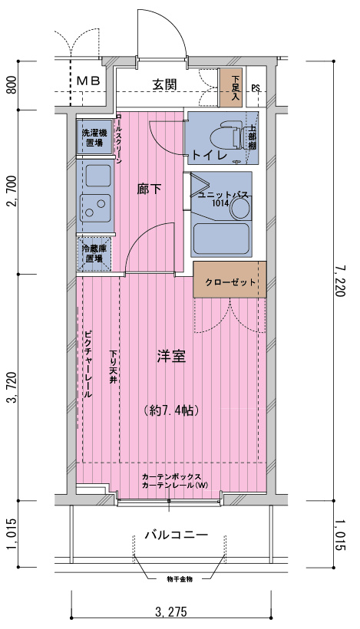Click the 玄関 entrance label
tap(165, 84)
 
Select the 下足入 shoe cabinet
tap(231, 87)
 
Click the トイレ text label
tap(208, 155)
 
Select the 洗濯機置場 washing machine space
tap(94, 138)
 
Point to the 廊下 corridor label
tap(149, 189)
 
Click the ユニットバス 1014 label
tap(222, 199)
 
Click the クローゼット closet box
tap(230, 282)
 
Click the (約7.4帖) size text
tap(171, 410)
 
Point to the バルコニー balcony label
tap(176, 535)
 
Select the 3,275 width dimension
tap(170, 612)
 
